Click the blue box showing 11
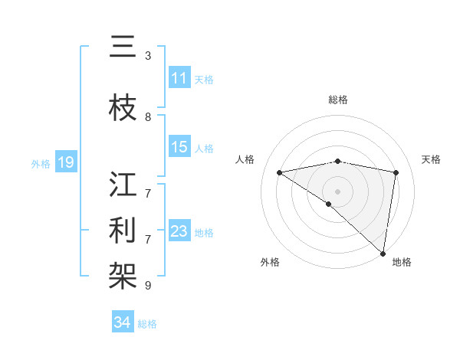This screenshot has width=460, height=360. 179,78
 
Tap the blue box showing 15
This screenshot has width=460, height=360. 179,147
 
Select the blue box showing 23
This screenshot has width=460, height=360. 179,231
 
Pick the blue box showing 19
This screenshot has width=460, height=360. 65,162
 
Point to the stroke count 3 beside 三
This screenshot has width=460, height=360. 148,56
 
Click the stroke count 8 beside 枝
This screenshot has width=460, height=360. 148,117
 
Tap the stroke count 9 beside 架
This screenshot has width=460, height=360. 148,286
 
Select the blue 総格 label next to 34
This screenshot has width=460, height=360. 147,324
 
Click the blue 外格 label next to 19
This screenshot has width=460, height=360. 41,163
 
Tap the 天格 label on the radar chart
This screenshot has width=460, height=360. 431,159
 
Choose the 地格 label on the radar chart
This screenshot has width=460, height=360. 402,262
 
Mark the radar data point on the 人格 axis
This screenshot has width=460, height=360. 280,172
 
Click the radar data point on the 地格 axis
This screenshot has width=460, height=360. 383,253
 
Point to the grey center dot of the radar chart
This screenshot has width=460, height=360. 337,191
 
